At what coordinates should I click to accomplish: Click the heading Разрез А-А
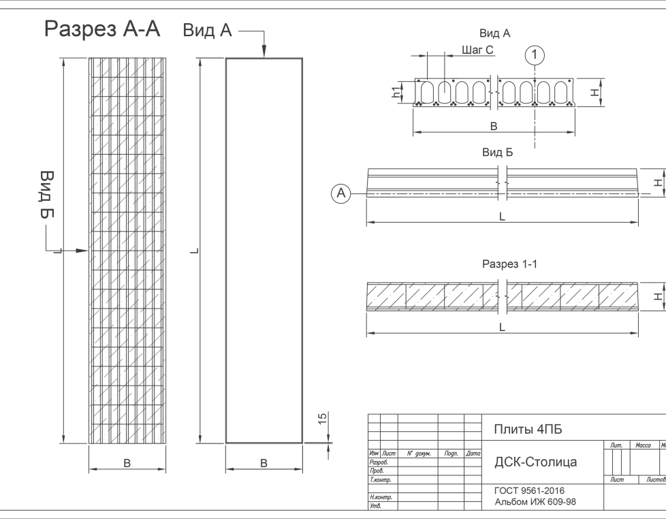click(102, 29)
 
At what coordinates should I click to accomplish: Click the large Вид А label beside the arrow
click(207, 31)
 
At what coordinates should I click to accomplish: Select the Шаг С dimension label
click(477, 50)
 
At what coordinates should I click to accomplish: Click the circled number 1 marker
click(535, 54)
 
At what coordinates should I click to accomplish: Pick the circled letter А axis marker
click(342, 194)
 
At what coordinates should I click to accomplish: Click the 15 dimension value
click(323, 418)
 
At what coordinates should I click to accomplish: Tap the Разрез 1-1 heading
click(509, 264)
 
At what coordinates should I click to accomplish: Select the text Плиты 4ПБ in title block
click(528, 429)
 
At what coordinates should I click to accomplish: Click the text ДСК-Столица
click(535, 462)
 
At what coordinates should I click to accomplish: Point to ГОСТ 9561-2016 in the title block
click(529, 491)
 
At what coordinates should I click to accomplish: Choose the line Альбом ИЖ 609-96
click(535, 503)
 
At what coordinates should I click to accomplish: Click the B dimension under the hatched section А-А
click(127, 463)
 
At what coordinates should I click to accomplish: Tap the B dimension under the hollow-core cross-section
click(494, 126)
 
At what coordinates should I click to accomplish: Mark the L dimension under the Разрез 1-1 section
click(502, 327)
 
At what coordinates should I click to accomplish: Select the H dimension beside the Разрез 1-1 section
click(656, 296)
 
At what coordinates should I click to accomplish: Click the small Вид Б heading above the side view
click(497, 153)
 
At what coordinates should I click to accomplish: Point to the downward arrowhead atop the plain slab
click(264, 54)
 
